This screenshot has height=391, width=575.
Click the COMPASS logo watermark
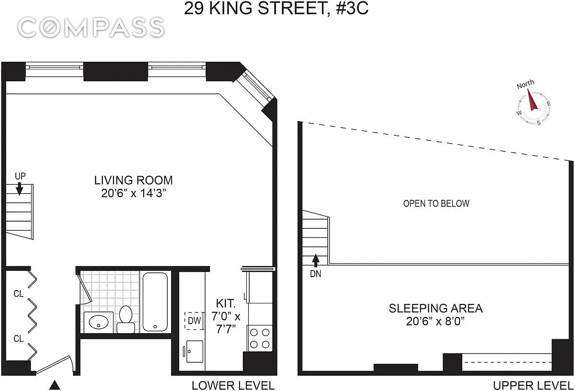tap(92, 28)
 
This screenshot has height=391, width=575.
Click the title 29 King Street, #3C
tap(276, 8)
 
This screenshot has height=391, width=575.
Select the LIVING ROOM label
tap(133, 180)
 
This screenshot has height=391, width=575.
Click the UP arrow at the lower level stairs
tap(20, 190)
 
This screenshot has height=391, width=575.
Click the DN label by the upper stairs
tap(315, 274)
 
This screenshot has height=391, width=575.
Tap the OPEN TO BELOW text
tap(436, 203)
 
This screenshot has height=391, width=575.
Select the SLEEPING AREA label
tap(435, 308)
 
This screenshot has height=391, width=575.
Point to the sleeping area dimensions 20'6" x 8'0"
tap(435, 321)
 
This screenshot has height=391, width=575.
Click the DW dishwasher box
tap(194, 321)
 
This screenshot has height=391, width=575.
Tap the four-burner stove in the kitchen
tap(260, 338)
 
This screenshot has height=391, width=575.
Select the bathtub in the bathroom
tap(155, 302)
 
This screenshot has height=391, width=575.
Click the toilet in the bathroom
tap(126, 319)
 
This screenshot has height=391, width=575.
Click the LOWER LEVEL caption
tap(233, 385)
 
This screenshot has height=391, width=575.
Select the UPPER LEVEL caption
tap(533, 385)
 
